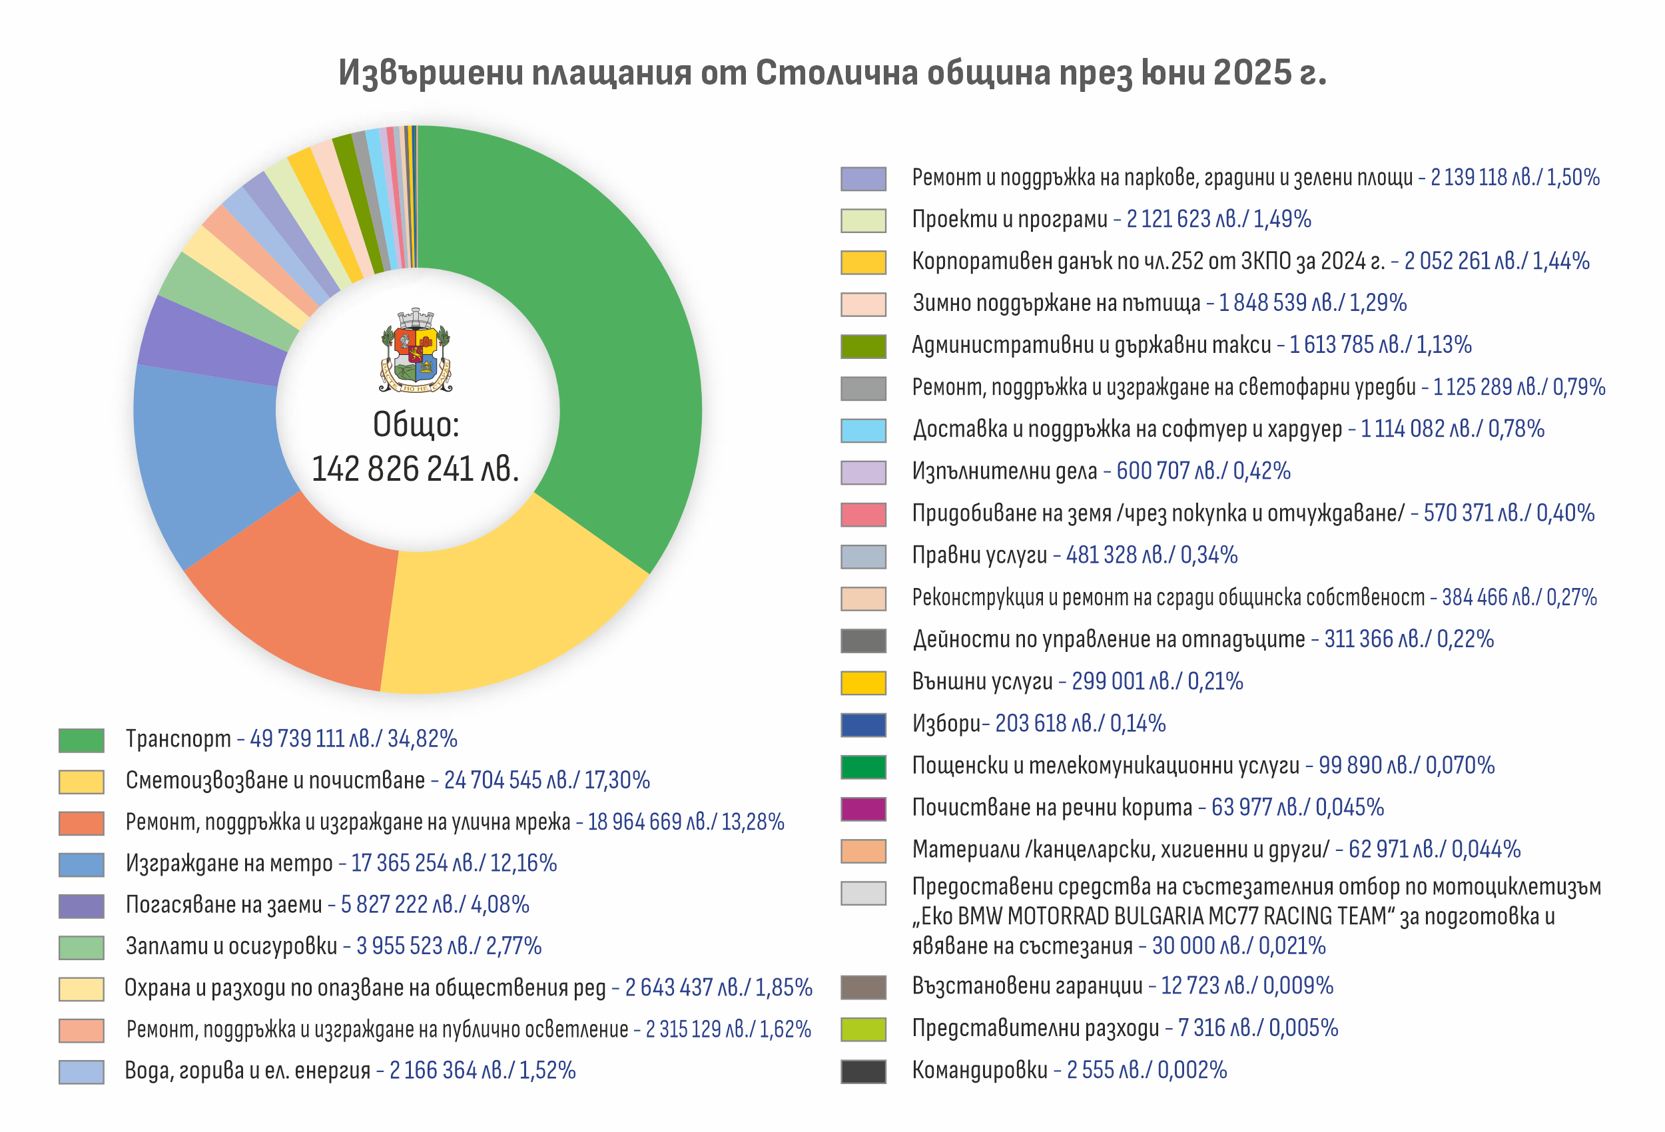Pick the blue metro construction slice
(x=208, y=459)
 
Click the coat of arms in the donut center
(x=416, y=351)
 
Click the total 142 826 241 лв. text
(x=416, y=469)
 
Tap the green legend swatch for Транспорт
(x=81, y=740)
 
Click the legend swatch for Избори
(x=862, y=724)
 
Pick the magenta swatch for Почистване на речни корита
(x=862, y=809)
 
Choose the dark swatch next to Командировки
(x=862, y=1071)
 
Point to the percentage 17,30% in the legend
(x=617, y=780)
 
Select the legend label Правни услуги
(x=978, y=555)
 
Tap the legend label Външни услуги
(x=982, y=681)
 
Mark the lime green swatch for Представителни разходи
(x=862, y=1029)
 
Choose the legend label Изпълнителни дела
(x=1004, y=471)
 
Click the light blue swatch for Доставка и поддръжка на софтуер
(x=862, y=431)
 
